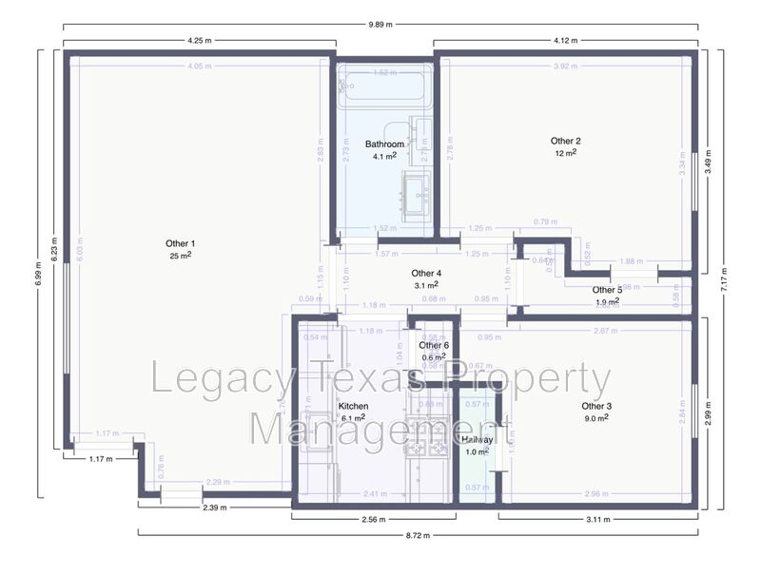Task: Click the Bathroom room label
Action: pyautogui.click(x=385, y=144)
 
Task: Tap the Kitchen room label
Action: pyautogui.click(x=353, y=406)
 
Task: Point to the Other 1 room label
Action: pyautogui.click(x=180, y=243)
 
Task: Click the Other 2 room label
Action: pyautogui.click(x=565, y=141)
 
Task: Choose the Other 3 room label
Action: pyautogui.click(x=596, y=406)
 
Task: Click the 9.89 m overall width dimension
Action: pyautogui.click(x=380, y=24)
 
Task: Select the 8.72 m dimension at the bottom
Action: pyautogui.click(x=417, y=536)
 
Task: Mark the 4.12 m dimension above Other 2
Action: pyautogui.click(x=566, y=40)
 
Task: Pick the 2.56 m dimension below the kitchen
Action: pyautogui.click(x=373, y=520)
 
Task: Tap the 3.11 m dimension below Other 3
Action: pyautogui.click(x=597, y=520)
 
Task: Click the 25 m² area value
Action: pyautogui.click(x=180, y=256)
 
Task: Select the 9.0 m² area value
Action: pyautogui.click(x=596, y=418)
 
